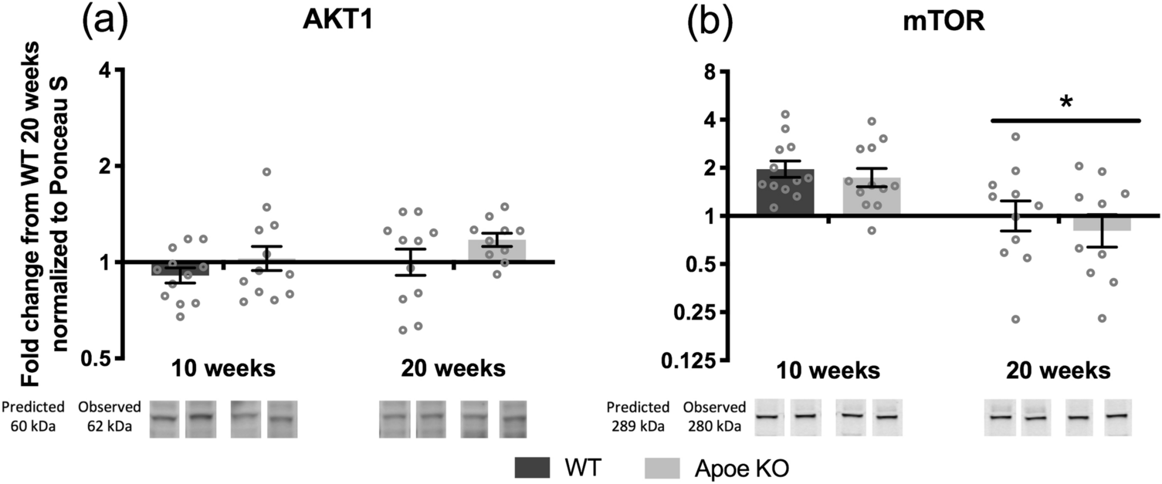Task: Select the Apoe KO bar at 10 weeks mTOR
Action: (x=871, y=196)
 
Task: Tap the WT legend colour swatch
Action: (x=531, y=467)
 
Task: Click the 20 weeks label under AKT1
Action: (x=453, y=369)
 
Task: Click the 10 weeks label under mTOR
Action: (x=826, y=371)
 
